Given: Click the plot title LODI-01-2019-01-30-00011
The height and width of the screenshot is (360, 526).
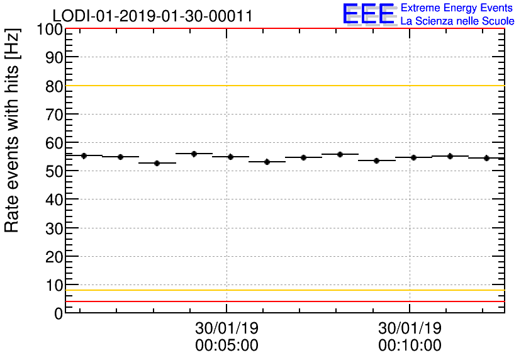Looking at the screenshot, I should [152, 16].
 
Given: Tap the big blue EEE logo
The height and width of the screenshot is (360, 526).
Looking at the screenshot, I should [369, 14].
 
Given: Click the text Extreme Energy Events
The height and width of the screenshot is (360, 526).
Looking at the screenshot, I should [457, 8].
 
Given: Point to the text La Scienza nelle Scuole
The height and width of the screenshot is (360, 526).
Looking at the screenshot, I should [457, 21].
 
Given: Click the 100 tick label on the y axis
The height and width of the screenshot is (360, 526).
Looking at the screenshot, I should [48, 30].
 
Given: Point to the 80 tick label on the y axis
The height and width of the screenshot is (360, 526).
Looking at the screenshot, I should [54, 86].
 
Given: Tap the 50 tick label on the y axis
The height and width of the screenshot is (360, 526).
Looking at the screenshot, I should [54, 171].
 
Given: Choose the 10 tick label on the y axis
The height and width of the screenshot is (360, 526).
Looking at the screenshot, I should [54, 284].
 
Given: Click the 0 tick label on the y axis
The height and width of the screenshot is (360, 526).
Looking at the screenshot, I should [59, 313].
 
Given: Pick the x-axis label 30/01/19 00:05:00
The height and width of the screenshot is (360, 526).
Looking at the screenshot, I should [227, 337].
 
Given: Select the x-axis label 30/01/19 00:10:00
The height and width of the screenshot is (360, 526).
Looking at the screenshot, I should [410, 337].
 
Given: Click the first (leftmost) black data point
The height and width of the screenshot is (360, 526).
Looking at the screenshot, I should [84, 155].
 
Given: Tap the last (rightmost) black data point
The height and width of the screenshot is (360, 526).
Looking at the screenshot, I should [486, 158].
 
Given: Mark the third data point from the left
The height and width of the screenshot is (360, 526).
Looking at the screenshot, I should [157, 163].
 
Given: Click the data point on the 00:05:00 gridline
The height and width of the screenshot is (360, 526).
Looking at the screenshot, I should [230, 157].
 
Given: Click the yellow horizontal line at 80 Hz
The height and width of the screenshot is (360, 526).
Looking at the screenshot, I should [283, 86].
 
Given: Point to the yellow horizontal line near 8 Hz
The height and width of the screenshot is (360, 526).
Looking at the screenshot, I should [283, 290].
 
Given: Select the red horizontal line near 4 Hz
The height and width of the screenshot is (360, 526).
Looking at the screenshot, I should [283, 301].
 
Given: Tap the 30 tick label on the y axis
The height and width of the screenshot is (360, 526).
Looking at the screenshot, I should [54, 228].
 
